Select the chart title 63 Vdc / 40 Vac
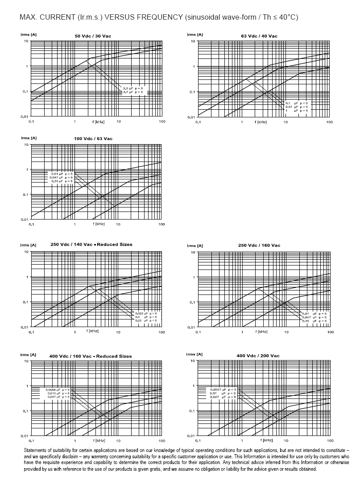tap(259, 36)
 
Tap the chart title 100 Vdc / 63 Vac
tap(93, 139)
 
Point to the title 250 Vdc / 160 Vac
tap(259, 245)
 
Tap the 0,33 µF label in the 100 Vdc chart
tap(61, 181)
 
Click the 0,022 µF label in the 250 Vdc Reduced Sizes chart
tap(146, 314)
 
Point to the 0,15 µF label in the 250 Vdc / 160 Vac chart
tap(314, 321)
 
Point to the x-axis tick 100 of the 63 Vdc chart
tap(329, 122)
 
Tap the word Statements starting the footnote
tap(35, 451)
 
